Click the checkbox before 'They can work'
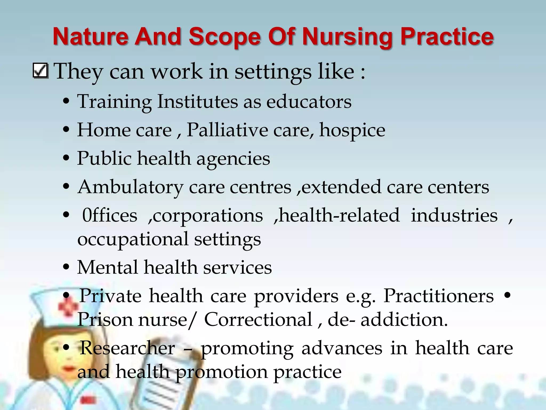pyautogui.click(x=41, y=71)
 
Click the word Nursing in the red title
pyautogui.click(x=348, y=37)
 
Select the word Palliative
pyautogui.click(x=227, y=130)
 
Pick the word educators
pyautogui.click(x=309, y=102)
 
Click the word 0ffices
pyautogui.click(x=110, y=215)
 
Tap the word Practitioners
pyautogui.click(x=439, y=296)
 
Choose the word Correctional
pyautogui.click(x=258, y=320)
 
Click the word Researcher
pyautogui.click(x=127, y=348)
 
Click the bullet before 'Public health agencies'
pyautogui.click(x=66, y=158)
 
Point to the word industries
pyautogui.click(x=454, y=215)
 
